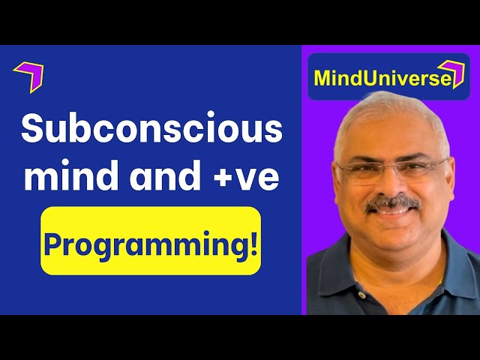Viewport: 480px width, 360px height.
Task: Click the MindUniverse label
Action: coord(382,78)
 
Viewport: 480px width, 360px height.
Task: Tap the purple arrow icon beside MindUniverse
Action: coord(451,75)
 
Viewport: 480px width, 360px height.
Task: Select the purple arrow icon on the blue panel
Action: coord(29,76)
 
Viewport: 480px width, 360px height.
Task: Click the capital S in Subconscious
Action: coord(33,130)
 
